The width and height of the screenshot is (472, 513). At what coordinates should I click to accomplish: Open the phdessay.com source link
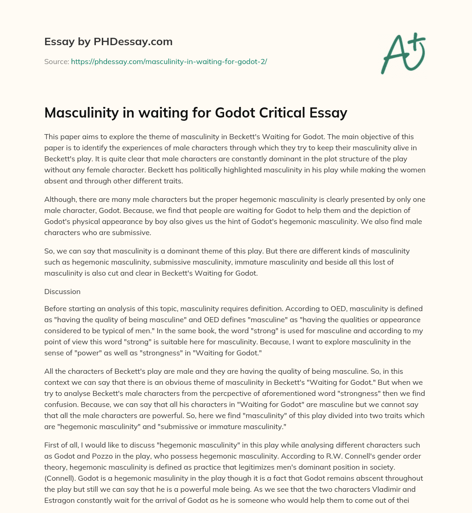169,61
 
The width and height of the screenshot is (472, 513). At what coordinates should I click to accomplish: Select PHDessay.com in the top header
133,41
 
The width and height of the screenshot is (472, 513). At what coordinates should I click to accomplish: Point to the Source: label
56,61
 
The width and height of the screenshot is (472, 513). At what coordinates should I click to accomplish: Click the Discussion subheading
62,292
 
